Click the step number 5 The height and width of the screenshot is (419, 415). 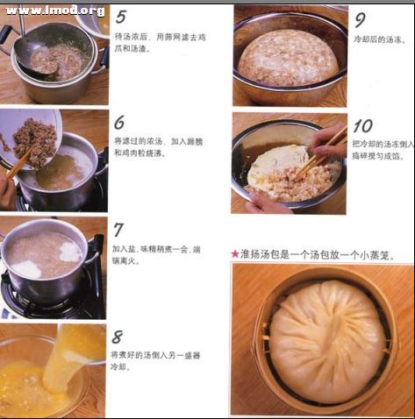tap(120, 17)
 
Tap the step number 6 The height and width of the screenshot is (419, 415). tap(119, 122)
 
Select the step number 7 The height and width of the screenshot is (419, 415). tap(118, 230)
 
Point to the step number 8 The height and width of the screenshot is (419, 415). tap(118, 337)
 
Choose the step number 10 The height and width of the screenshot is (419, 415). tap(362, 125)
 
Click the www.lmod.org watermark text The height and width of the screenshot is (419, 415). tap(55, 11)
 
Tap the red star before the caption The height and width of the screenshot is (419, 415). tap(235, 254)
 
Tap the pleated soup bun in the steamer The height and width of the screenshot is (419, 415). tap(326, 340)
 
